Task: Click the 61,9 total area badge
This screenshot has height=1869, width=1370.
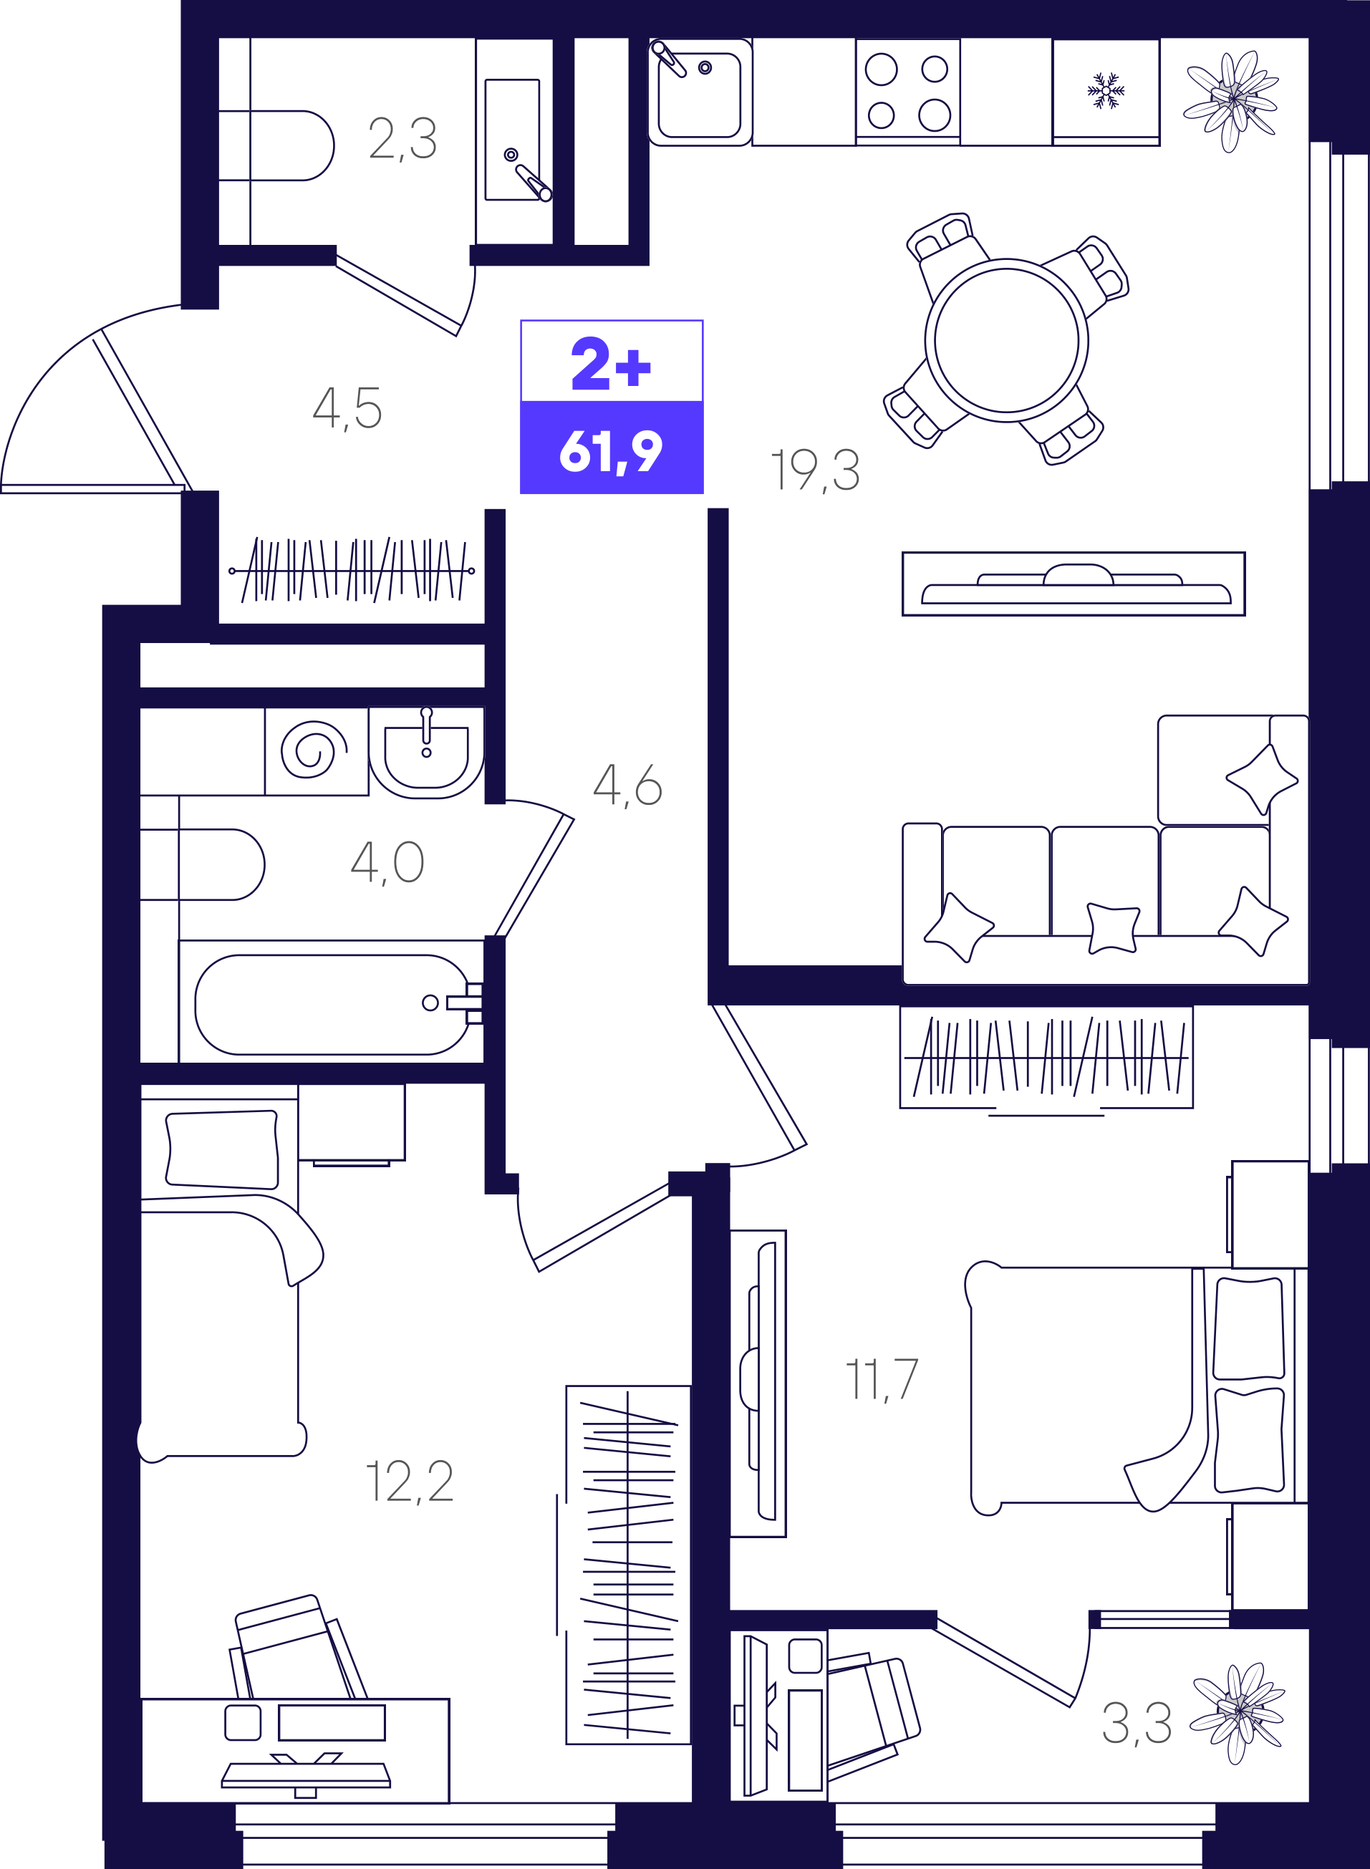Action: point(611,450)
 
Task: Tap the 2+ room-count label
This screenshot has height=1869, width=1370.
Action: point(611,362)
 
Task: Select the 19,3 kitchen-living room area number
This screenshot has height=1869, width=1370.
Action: point(815,470)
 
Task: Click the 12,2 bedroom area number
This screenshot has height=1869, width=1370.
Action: point(410,1482)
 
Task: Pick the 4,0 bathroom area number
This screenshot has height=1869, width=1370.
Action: point(387,862)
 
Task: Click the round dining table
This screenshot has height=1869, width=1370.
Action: point(1006,341)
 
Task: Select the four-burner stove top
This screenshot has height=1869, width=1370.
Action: point(908,91)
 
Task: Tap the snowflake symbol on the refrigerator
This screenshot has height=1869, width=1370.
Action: point(1106,90)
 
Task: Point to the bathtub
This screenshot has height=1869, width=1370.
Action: point(332,1004)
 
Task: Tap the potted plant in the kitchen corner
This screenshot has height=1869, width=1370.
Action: point(1232,100)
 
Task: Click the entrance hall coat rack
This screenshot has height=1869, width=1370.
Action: point(352,571)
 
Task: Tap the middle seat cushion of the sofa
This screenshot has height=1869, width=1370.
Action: point(1104,881)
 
